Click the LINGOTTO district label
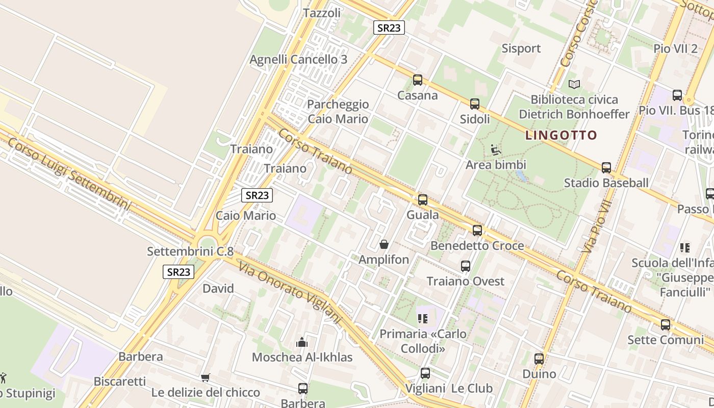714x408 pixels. (561, 135)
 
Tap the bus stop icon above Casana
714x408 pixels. (418, 80)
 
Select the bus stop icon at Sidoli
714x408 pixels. (475, 104)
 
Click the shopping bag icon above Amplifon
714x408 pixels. (384, 245)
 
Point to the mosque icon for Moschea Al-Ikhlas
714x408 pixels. (302, 342)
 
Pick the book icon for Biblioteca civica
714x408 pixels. (574, 84)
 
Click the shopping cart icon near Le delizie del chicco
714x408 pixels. (205, 378)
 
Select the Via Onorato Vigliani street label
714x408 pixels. (289, 293)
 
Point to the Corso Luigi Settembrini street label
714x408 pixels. (69, 173)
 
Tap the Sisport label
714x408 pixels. (521, 48)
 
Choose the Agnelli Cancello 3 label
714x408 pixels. (298, 60)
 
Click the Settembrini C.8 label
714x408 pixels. (190, 251)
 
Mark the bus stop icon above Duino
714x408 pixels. (539, 359)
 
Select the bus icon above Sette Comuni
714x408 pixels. (666, 325)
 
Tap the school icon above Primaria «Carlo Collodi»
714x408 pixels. (422, 319)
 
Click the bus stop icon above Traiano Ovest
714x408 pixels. (466, 266)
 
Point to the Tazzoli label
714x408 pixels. (322, 13)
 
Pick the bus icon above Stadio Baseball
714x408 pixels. (606, 168)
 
